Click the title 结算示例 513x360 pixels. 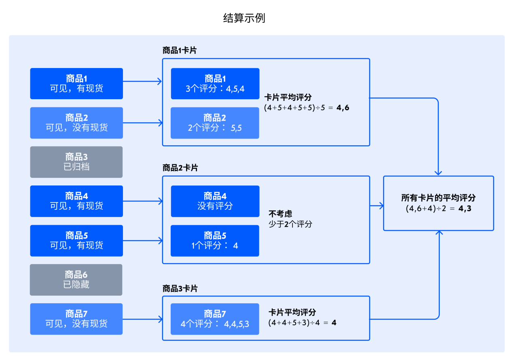point(244,18)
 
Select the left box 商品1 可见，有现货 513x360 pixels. point(76,83)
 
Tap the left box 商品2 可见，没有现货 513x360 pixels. point(76,123)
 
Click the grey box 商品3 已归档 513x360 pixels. point(76,162)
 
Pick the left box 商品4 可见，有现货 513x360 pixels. point(76,201)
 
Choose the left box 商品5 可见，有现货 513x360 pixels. point(76,241)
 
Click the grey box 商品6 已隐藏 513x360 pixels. point(76,280)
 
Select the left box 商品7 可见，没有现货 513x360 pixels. point(76,319)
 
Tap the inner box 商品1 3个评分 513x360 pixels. point(215,83)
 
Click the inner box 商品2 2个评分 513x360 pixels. point(215,123)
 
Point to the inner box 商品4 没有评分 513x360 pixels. point(215,201)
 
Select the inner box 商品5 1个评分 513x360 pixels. point(215,241)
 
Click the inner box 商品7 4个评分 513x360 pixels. point(215,319)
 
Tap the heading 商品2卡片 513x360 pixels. point(180,168)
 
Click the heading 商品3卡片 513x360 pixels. point(180,288)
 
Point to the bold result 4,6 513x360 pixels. point(342,108)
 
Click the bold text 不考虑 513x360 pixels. point(280,214)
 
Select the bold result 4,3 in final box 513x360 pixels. point(465,209)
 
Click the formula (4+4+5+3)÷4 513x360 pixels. point(295,323)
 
